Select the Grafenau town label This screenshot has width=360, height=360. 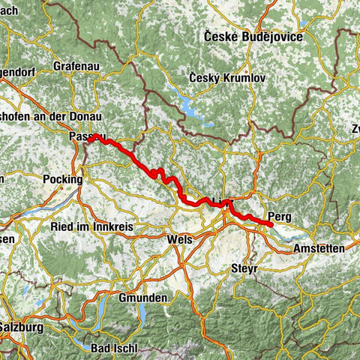79,66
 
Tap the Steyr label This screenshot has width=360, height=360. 244,268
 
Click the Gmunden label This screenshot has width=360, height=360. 142,298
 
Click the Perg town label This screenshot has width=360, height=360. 279,217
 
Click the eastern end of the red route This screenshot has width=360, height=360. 271,223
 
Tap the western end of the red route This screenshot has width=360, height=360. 89,139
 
